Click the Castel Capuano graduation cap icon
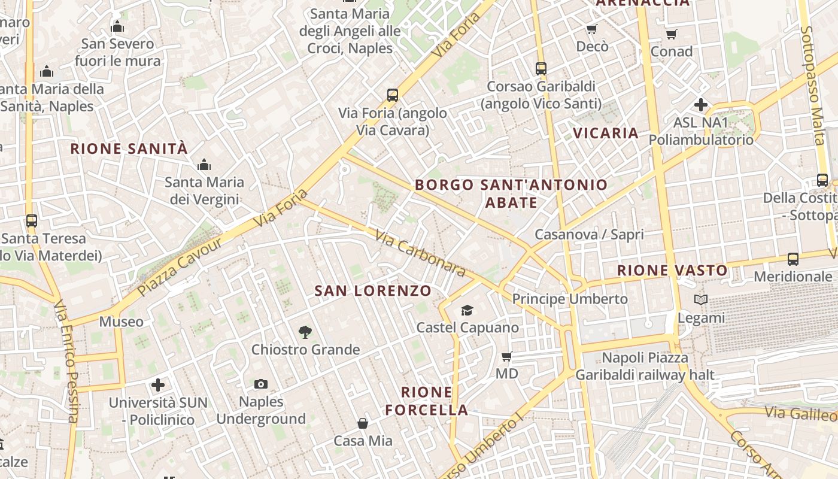point(467,310)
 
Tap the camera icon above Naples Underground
point(261,384)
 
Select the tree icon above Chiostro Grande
point(305,332)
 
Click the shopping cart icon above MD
point(507,357)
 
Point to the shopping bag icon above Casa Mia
point(363,424)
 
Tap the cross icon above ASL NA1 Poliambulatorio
point(701,105)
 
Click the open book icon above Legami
point(701,300)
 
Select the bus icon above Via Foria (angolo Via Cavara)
point(393,95)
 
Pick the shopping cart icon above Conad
point(672,34)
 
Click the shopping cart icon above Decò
point(592,29)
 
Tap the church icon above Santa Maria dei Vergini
point(204,164)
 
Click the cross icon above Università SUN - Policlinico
point(158,384)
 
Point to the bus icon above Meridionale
point(793,259)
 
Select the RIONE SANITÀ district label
point(129,148)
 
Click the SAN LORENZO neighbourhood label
point(373,291)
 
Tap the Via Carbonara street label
point(421,254)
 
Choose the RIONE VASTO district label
point(672,271)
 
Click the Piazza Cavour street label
point(180,266)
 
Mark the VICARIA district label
point(606,133)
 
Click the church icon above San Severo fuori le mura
point(118,26)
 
